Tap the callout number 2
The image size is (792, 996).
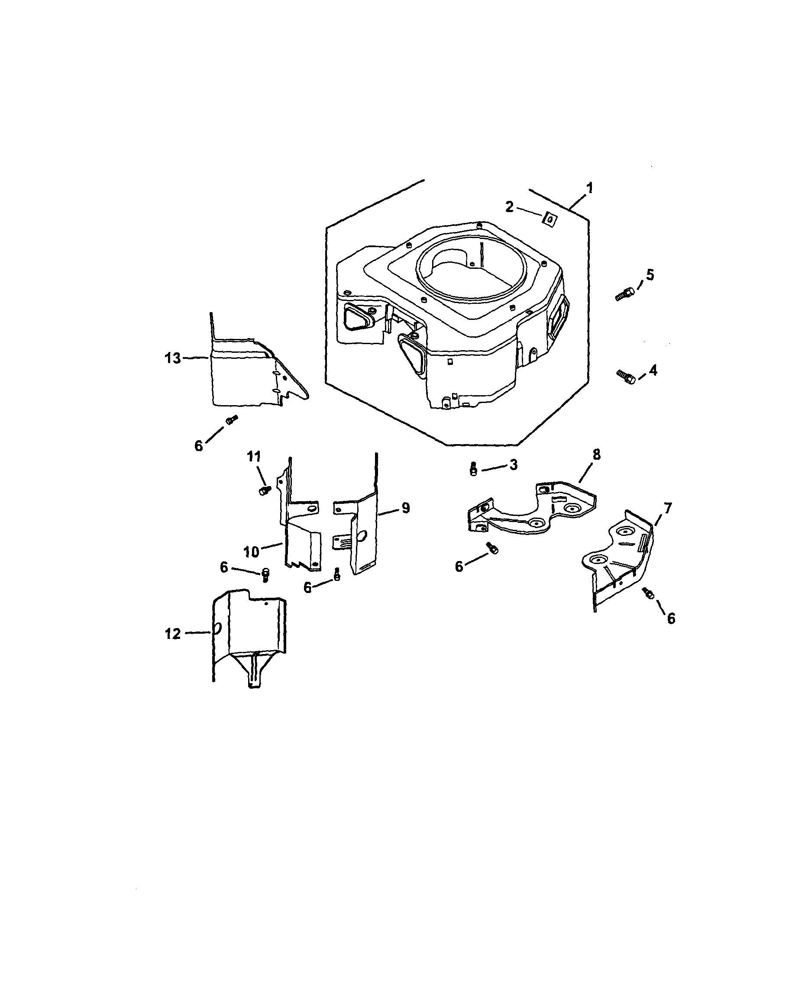[509, 206]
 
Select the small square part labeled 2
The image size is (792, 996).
[550, 219]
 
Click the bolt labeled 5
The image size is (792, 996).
[625, 294]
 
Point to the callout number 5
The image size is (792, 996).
[650, 275]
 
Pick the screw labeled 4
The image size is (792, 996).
[626, 376]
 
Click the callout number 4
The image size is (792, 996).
[653, 370]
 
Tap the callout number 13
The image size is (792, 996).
[173, 358]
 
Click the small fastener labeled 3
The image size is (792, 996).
[473, 469]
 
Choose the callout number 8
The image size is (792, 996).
[597, 454]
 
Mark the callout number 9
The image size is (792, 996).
[405, 508]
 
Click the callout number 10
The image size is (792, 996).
[251, 551]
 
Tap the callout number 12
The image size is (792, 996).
[173, 634]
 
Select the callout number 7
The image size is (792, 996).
[668, 508]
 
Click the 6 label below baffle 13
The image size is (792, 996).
[199, 446]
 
